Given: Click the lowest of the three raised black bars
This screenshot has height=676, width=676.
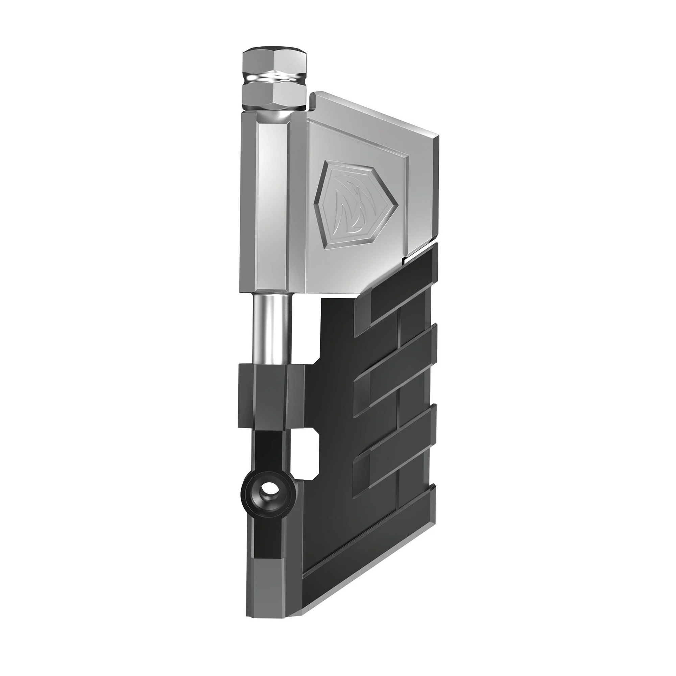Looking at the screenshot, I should [395, 462].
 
